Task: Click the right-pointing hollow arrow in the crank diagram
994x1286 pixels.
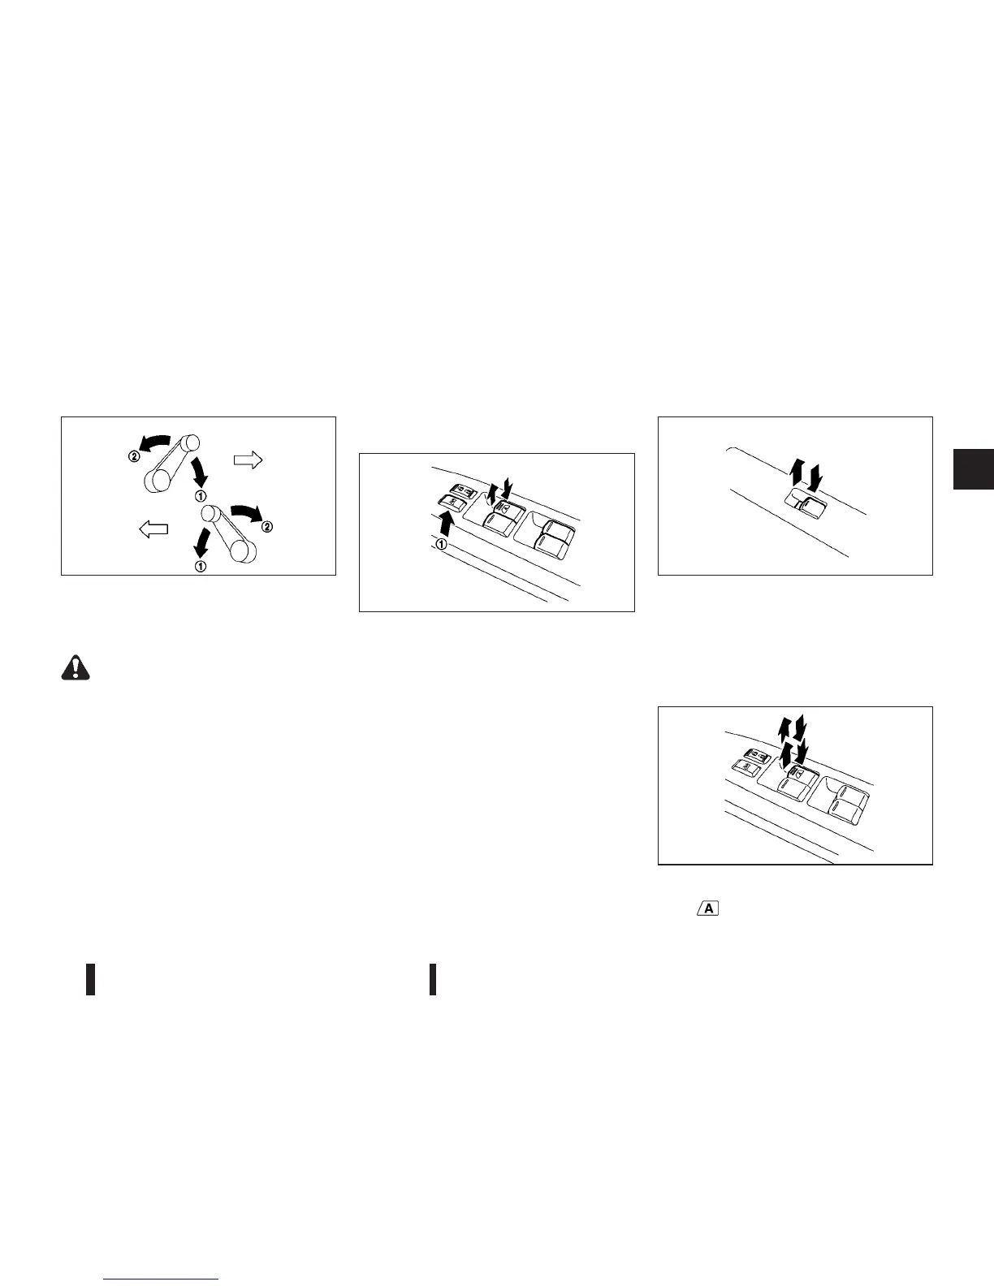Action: point(248,460)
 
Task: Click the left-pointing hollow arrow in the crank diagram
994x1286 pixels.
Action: point(153,529)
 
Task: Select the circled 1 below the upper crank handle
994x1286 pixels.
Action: point(200,495)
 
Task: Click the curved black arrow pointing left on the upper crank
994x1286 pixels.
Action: point(155,442)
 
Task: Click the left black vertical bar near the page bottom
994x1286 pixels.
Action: point(91,979)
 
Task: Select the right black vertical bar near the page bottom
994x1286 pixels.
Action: point(433,979)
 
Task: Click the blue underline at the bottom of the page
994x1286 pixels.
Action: point(162,1279)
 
